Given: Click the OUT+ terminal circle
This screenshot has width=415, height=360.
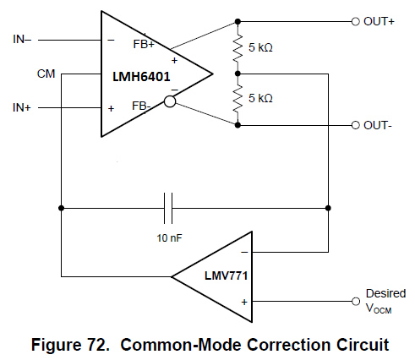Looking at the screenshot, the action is tap(356, 21).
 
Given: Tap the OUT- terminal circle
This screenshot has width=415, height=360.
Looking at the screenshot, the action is tap(356, 125).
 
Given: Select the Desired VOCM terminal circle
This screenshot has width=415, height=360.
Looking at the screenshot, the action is tap(356, 302).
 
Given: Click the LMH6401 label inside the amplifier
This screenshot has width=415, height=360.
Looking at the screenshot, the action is tap(141, 77).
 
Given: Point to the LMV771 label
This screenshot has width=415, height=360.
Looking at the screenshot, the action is tap(227, 275).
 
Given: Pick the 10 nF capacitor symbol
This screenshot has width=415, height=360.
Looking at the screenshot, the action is tap(168, 208).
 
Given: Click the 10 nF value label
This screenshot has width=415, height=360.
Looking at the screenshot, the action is tap(169, 238).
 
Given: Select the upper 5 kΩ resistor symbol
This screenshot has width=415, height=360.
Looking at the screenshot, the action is tap(238, 48).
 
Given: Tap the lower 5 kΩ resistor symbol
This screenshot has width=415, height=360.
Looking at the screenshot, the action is tap(238, 99).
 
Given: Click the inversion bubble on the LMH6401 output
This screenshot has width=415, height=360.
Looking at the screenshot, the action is tap(170, 101).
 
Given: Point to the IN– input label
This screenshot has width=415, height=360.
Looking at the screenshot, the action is tap(22, 39).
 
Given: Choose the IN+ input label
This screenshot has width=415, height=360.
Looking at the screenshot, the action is tap(22, 107).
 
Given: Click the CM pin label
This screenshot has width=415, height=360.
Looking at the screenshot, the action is tap(46, 74).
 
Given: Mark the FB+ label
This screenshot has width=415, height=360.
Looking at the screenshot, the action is tap(144, 44).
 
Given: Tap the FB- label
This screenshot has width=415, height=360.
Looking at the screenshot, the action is tap(141, 106).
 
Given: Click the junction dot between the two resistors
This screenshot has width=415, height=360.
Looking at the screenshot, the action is tap(238, 74).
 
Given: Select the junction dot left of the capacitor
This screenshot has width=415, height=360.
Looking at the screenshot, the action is tap(61, 208).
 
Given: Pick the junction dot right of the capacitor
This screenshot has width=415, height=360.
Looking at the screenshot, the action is tap(328, 208).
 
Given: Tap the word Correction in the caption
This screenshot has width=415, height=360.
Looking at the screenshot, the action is tap(289, 345).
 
